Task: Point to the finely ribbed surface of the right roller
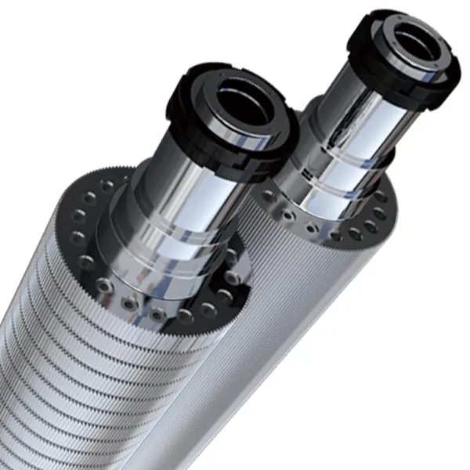pos(313,352)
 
